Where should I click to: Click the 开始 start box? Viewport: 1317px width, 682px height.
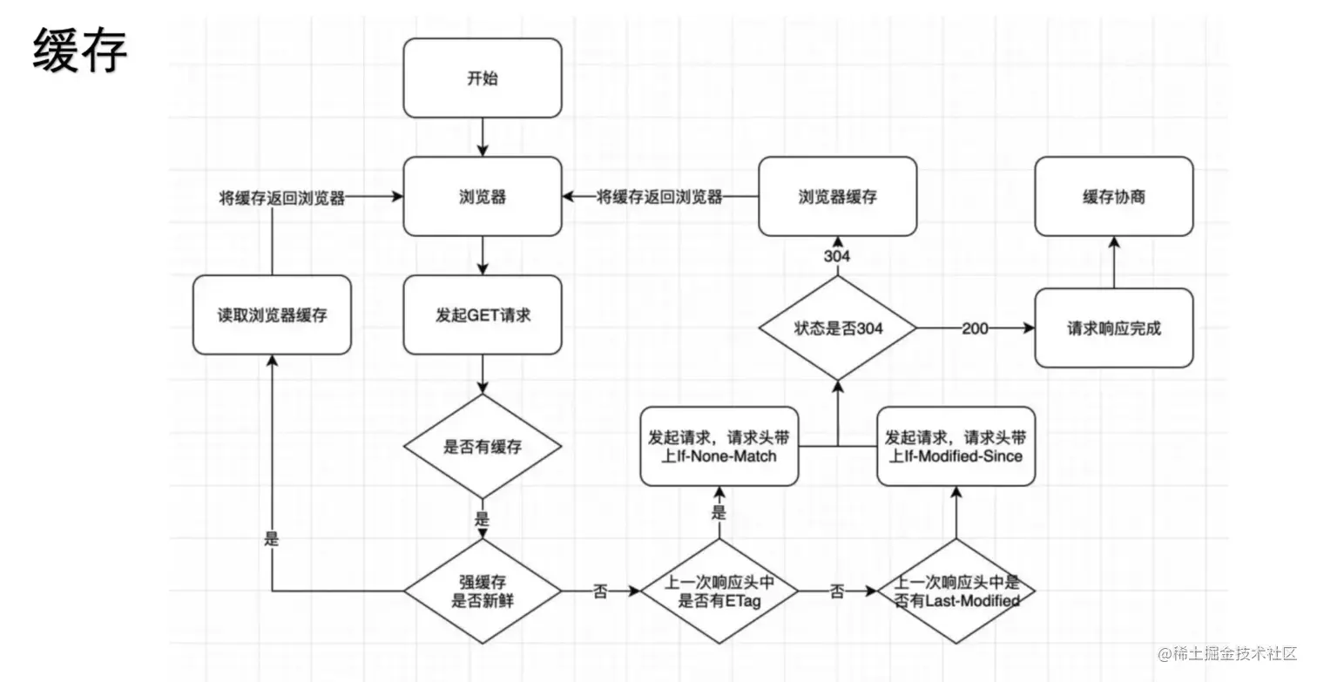(x=483, y=78)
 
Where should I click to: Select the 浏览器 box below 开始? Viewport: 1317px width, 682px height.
(x=483, y=196)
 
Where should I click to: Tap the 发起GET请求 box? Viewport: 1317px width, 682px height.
(x=483, y=314)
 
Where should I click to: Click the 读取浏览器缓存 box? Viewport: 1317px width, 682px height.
(x=273, y=314)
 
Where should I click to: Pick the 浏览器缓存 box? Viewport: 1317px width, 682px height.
(x=837, y=196)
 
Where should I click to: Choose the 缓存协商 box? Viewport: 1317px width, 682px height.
(x=1114, y=196)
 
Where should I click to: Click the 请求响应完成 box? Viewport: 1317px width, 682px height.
(x=1114, y=328)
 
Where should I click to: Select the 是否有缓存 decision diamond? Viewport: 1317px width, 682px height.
(x=483, y=446)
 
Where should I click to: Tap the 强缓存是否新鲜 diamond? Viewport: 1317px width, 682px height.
(x=483, y=591)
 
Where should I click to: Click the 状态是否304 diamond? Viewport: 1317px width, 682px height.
(x=837, y=328)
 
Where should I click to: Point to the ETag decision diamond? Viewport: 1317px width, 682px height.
(x=719, y=591)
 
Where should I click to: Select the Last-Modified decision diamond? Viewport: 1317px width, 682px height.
(x=956, y=591)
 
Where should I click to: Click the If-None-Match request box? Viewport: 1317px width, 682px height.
(x=719, y=446)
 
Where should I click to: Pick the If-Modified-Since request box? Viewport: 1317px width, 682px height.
(x=956, y=446)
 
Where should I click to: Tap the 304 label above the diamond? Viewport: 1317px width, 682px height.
(x=837, y=256)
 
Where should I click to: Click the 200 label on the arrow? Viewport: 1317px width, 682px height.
(x=975, y=328)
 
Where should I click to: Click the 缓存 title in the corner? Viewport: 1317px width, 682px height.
(x=79, y=50)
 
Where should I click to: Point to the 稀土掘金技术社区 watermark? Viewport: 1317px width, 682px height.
(x=1227, y=654)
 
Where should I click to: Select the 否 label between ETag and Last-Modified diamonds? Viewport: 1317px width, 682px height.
(x=837, y=591)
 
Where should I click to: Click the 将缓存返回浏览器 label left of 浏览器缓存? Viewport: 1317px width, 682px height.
(x=659, y=197)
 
